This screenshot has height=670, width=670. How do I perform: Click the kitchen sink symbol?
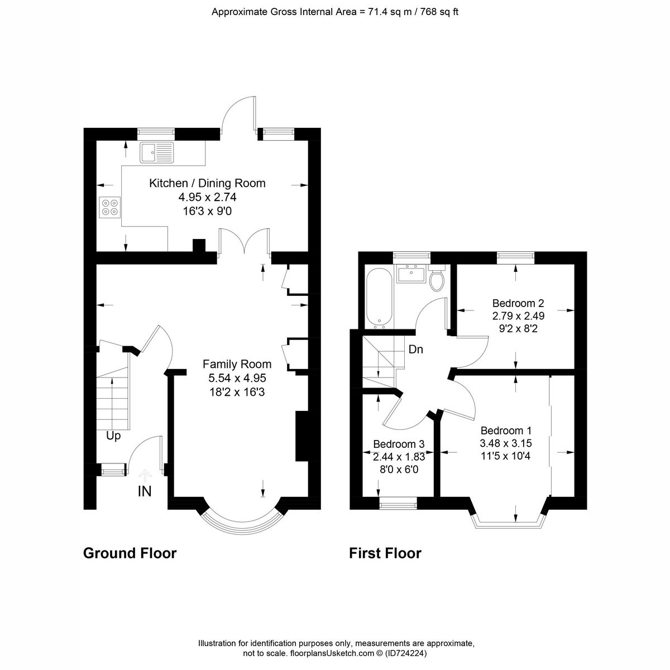(157, 152)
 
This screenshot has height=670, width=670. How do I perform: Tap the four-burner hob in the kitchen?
(109, 207)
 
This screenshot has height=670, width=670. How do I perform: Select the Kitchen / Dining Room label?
(207, 183)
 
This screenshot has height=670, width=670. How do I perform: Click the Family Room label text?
(237, 364)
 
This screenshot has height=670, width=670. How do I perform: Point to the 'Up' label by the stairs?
(113, 436)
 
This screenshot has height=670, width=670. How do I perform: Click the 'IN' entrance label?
(145, 491)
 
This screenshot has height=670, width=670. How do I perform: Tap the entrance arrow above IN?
(145, 475)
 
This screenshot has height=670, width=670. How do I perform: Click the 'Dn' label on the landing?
(416, 350)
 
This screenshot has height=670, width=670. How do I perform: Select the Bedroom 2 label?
(518, 304)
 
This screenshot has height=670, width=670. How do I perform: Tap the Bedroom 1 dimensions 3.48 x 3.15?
(505, 443)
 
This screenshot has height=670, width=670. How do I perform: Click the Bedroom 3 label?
(399, 444)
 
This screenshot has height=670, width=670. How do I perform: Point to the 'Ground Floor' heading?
(130, 553)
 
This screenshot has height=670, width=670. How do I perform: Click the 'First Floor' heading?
(385, 553)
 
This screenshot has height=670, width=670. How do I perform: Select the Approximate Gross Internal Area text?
(335, 12)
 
